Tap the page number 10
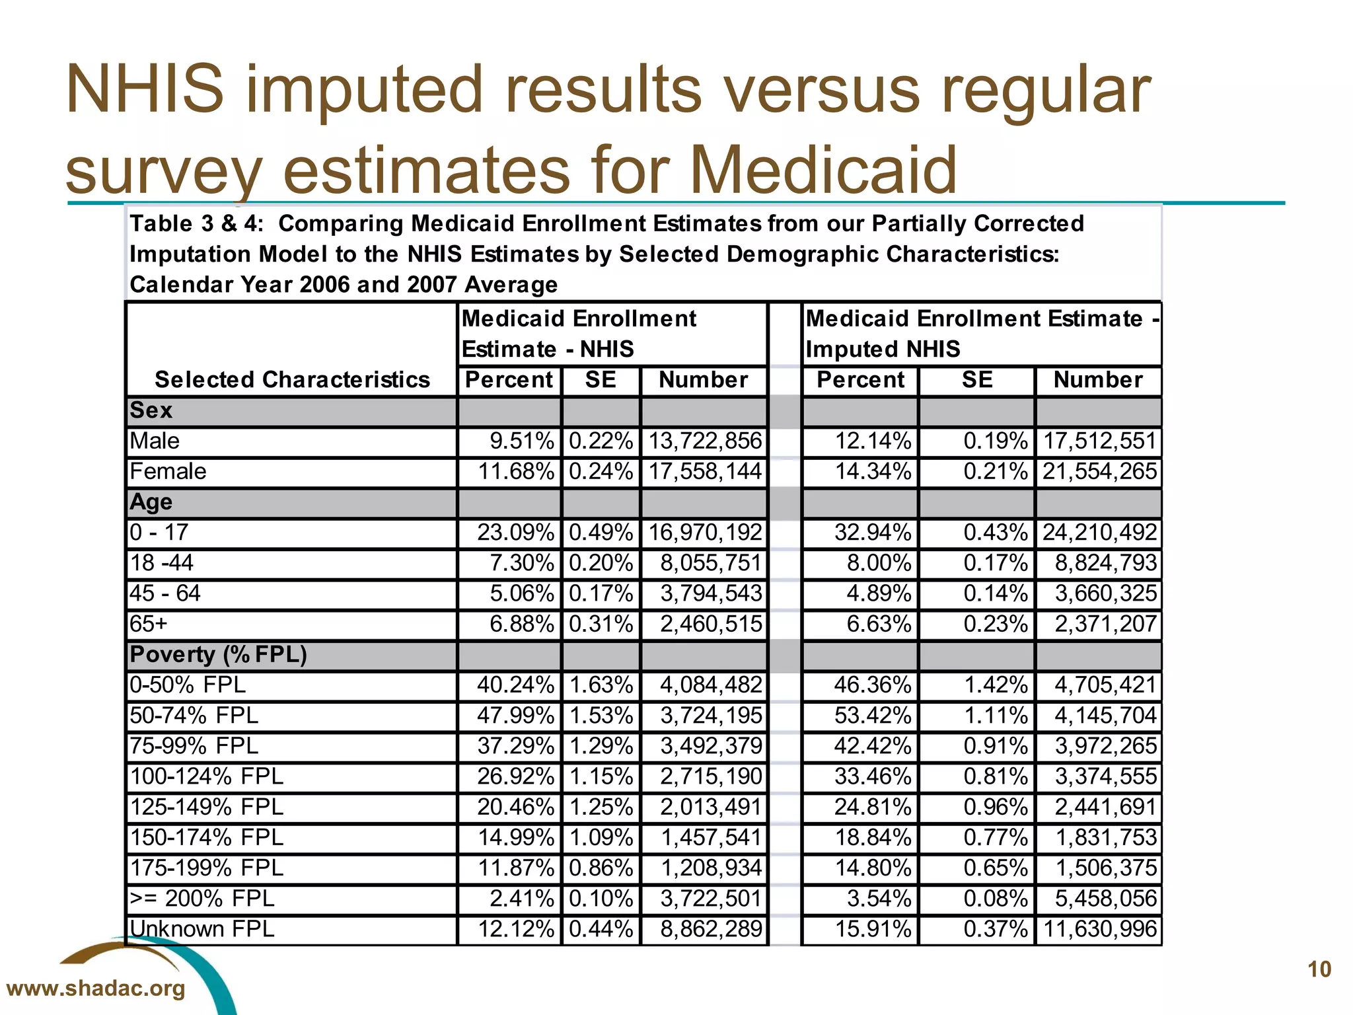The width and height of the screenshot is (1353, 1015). (1319, 969)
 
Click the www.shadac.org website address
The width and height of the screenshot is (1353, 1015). (96, 989)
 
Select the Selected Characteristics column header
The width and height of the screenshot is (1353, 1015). (292, 379)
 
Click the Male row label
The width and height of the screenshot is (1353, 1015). (155, 441)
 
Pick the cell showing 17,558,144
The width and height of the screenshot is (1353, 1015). (704, 471)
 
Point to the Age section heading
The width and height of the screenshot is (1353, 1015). (151, 502)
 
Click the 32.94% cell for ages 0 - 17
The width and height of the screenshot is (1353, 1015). (872, 532)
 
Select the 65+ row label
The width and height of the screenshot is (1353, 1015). (149, 624)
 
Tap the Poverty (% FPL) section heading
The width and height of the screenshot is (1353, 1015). (218, 654)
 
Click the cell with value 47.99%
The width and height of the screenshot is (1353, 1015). (515, 715)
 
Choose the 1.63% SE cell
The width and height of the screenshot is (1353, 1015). (601, 685)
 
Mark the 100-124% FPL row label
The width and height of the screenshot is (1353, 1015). (206, 776)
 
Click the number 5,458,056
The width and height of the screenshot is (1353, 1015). (1105, 898)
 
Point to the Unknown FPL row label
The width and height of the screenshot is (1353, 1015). (201, 928)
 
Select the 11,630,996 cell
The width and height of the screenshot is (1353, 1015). (1100, 928)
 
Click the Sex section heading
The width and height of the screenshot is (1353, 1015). (151, 410)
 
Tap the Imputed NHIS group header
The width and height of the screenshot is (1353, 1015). (981, 334)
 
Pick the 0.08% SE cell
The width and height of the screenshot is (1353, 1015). (995, 898)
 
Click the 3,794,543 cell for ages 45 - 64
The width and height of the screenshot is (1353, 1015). (711, 593)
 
